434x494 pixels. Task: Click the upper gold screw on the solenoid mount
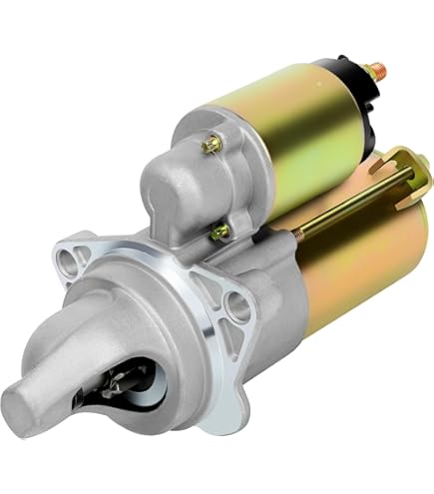(x=212, y=146)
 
